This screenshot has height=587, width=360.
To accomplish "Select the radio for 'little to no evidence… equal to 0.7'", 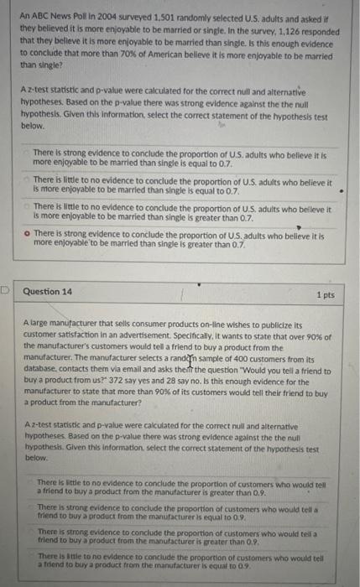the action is [28, 180].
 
